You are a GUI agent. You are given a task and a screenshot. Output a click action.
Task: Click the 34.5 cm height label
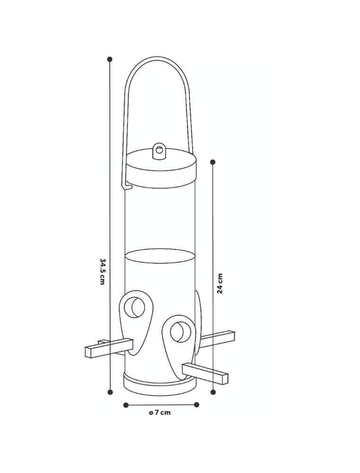pos(103,272)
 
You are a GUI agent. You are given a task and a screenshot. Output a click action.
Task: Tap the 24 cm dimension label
pos(220,283)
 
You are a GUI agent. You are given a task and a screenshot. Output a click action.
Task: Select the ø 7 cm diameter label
pos(159,412)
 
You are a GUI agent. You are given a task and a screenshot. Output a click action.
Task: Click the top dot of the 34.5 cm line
pos(110,59)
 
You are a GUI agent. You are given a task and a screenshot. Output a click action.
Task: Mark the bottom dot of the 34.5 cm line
pos(110,392)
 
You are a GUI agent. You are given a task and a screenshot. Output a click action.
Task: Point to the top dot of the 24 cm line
pos(213,162)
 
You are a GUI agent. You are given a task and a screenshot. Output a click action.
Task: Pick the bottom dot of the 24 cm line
pos(213,392)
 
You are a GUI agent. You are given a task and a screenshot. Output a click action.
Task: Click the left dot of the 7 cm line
pos(126,404)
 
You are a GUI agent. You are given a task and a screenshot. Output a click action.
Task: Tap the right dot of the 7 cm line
pos(197,404)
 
